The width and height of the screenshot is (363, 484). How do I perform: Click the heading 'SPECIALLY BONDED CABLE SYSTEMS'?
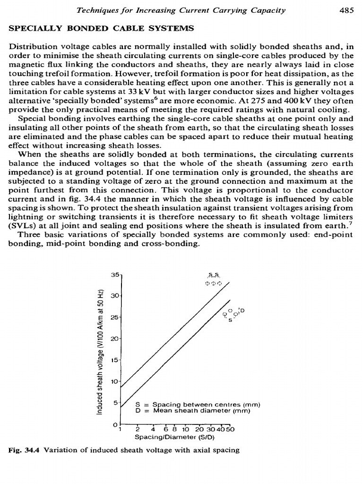(x=102, y=29)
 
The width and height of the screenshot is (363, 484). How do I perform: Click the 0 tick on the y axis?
(x=115, y=424)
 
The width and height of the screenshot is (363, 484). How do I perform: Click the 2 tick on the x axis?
(x=137, y=430)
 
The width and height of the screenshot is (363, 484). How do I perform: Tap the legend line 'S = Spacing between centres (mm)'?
(x=198, y=405)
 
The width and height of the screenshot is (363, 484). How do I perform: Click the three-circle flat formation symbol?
(x=215, y=284)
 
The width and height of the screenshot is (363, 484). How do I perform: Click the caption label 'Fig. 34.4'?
(x=25, y=450)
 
